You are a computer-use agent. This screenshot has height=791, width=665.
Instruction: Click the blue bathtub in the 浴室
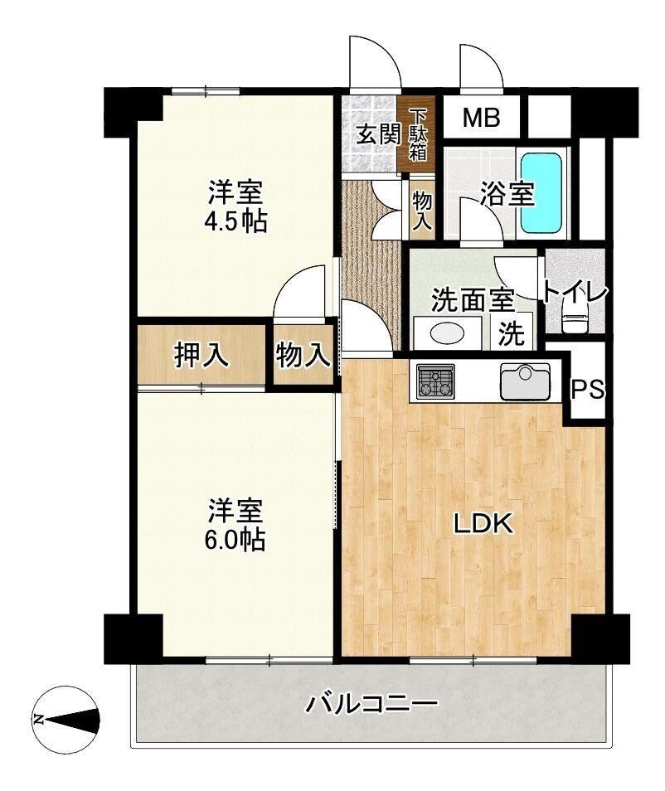[x=541, y=192]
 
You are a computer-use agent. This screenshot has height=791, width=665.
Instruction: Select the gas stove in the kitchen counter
[x=435, y=381]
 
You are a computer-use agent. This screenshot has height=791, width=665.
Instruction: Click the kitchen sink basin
[x=525, y=381]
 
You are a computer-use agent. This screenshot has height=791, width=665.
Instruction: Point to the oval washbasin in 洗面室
[x=447, y=333]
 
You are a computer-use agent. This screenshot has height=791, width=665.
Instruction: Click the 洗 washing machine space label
[x=511, y=333]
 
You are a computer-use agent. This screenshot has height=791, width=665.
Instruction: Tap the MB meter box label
[x=482, y=118]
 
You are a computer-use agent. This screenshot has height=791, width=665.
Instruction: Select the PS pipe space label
[x=588, y=389]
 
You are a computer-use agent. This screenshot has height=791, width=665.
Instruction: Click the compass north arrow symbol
[x=66, y=719]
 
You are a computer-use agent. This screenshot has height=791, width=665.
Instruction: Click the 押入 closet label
[x=201, y=355]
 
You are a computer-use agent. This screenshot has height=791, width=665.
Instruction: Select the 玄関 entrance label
[x=378, y=134]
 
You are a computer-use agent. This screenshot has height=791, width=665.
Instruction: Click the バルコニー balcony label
[x=371, y=703]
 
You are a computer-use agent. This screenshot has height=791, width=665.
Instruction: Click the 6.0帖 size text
[x=234, y=539]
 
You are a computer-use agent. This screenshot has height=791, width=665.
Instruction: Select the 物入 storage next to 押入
[x=303, y=355]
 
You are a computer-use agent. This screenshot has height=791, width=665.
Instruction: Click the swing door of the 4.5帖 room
[x=301, y=292]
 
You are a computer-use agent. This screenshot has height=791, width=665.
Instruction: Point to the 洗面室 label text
[x=473, y=301]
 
